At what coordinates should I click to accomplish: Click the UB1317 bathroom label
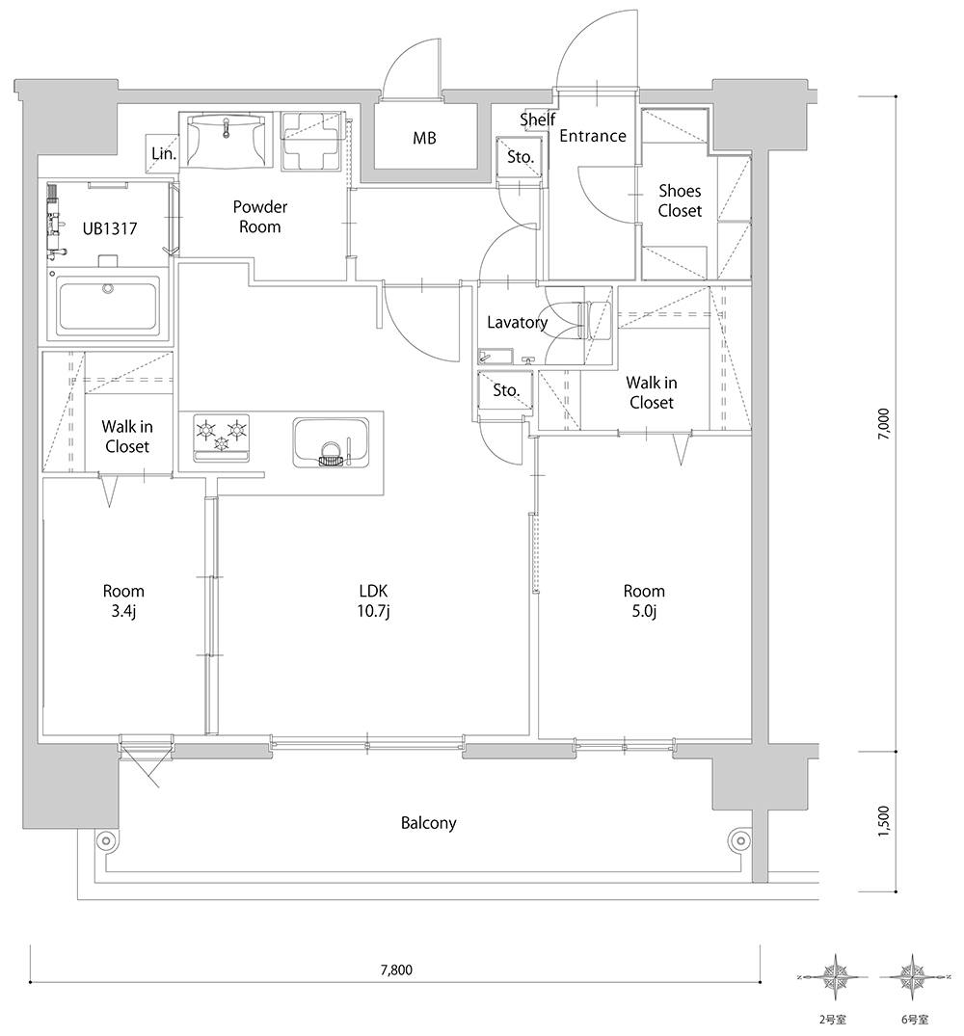coord(110,228)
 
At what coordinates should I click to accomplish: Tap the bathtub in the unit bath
coord(108,305)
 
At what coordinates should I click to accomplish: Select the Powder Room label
coord(259,217)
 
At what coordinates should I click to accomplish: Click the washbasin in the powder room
coord(227,140)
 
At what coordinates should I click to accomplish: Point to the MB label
coord(424,138)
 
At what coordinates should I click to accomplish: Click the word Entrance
coord(593,136)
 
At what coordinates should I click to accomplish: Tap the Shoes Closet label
coord(680,200)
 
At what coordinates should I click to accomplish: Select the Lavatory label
coord(518,323)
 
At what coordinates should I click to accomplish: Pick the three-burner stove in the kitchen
coord(222,437)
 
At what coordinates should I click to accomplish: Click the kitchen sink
coord(331,442)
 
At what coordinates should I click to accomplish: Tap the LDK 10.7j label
coord(373,600)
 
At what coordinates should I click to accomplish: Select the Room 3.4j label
coord(123,600)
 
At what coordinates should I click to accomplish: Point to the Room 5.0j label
coord(644,600)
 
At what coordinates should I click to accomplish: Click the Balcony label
coord(429,823)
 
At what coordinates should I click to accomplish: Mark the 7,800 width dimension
coord(396,970)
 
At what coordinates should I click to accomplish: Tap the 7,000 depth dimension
coord(883,424)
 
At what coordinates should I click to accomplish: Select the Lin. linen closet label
coord(164,154)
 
